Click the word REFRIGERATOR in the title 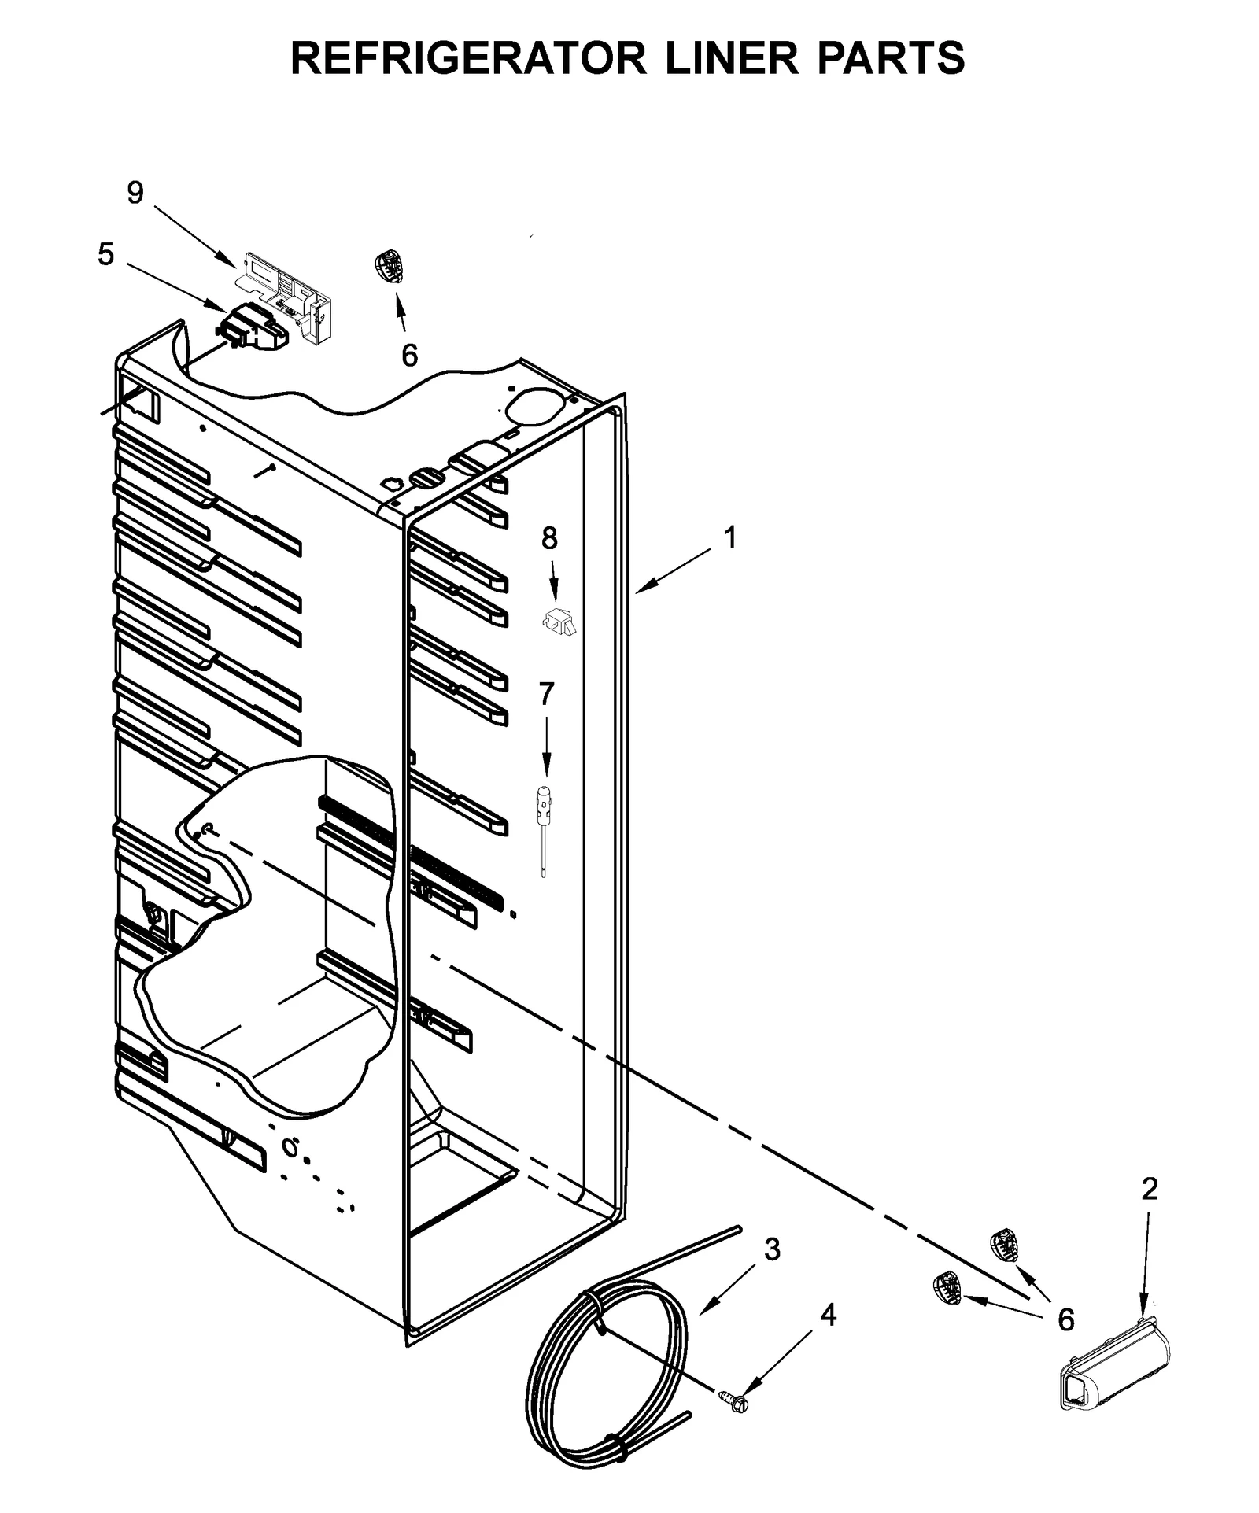coord(469,58)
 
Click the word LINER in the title coord(733,58)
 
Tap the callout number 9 coord(135,193)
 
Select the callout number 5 coord(105,254)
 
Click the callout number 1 coord(730,538)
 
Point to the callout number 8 coord(549,538)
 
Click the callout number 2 coord(1150,1189)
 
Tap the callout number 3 coord(772,1249)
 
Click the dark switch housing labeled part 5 coord(255,327)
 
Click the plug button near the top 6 coord(389,267)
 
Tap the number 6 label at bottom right coord(1065,1320)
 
